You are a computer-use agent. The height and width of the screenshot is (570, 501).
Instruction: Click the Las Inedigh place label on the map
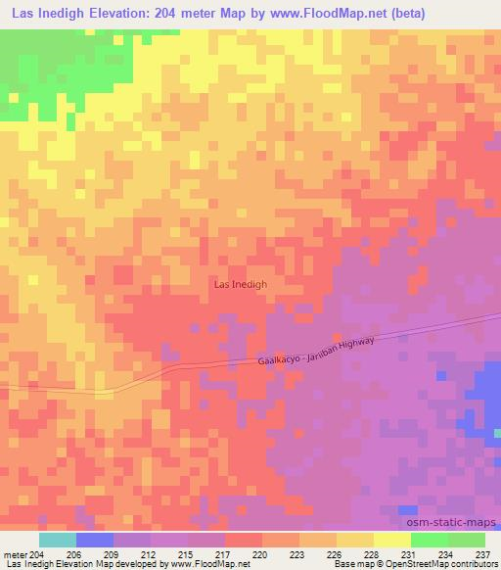pyautogui.click(x=240, y=285)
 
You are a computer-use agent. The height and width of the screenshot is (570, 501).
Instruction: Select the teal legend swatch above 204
pyautogui.click(x=57, y=540)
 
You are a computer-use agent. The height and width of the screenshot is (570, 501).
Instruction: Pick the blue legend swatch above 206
pyautogui.click(x=95, y=540)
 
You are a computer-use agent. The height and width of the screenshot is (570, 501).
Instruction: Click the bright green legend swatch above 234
pyautogui.click(x=429, y=540)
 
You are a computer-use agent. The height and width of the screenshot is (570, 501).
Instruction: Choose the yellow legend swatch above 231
pyautogui.click(x=391, y=540)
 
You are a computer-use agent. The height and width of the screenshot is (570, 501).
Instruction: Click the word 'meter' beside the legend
pyautogui.click(x=15, y=554)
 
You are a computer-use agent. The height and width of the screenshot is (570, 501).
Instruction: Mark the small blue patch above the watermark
pyautogui.click(x=407, y=510)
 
